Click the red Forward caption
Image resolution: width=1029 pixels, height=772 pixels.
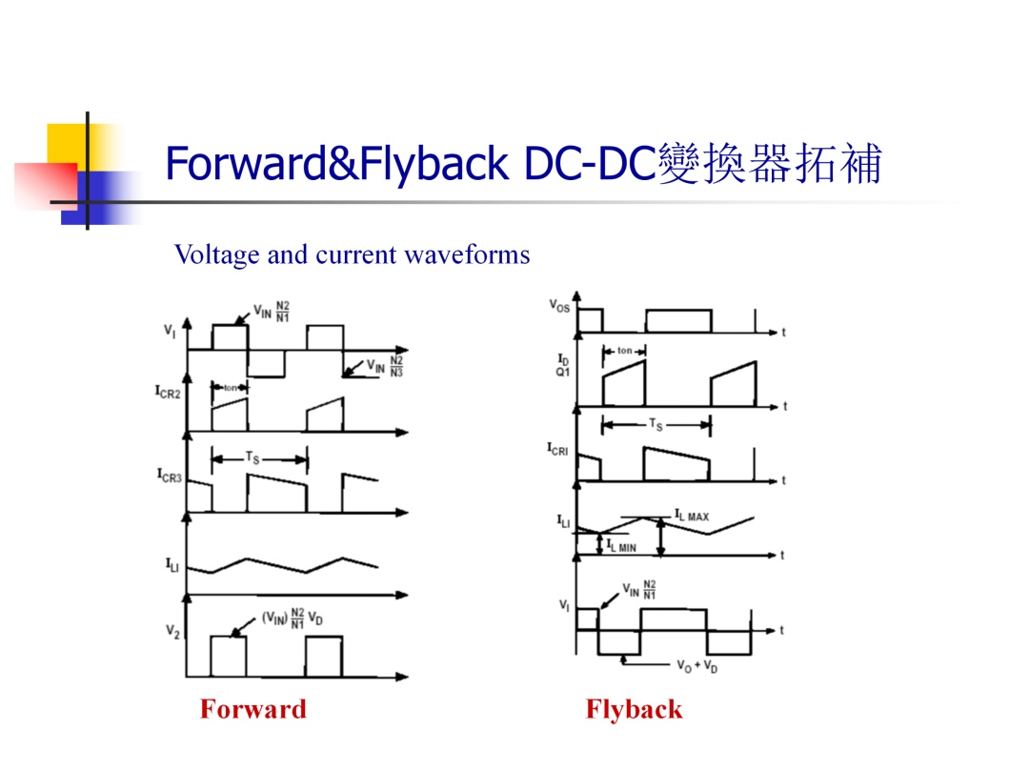click(253, 709)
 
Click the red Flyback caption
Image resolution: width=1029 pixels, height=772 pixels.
click(634, 710)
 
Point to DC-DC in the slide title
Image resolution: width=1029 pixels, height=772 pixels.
click(591, 164)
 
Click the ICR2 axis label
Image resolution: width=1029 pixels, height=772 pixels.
click(168, 392)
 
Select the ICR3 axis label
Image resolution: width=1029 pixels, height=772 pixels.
click(169, 476)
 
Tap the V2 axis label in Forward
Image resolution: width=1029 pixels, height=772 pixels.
click(171, 632)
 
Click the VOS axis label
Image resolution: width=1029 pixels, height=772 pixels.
click(559, 305)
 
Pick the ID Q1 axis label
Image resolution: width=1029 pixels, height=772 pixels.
click(563, 365)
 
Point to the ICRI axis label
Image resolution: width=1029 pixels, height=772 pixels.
click(557, 449)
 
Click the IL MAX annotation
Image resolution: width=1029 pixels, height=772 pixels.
click(692, 516)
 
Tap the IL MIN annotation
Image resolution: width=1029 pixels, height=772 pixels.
click(621, 546)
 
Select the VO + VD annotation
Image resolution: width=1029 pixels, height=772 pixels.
click(696, 666)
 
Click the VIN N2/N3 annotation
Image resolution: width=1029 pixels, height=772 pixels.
click(385, 366)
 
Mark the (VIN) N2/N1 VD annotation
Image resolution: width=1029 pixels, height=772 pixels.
click(293, 619)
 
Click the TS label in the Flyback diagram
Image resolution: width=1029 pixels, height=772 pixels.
click(656, 425)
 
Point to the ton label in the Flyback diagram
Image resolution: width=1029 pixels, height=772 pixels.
click(625, 351)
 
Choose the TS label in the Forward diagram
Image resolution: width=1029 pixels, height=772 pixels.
click(252, 457)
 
